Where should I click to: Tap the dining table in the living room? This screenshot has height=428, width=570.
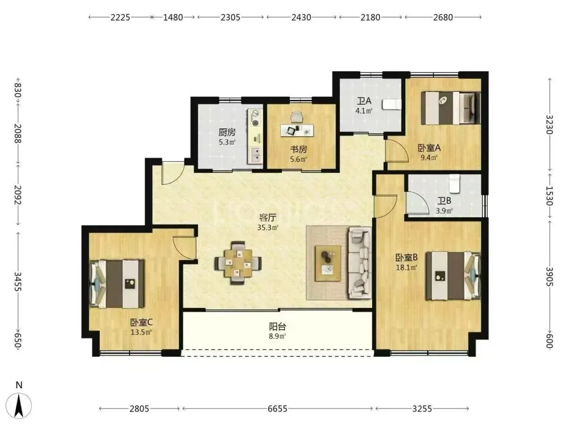pos(237,263)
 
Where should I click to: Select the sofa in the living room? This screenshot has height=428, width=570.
pos(360,263)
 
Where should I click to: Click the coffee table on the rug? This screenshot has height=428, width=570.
pos(328,263)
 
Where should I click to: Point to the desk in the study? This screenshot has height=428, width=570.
pos(297,130)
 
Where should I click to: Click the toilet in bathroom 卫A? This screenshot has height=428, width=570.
pos(392,105)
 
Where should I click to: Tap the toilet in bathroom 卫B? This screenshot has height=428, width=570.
pos(454,183)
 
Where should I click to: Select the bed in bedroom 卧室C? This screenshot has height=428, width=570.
pos(117,284)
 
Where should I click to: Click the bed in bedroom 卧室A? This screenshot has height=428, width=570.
pos(451,108)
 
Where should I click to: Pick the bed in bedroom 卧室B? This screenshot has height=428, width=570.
pos(453,275)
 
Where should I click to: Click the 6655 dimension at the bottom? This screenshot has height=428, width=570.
pos(278,408)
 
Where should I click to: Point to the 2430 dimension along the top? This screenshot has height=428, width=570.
pos(301,17)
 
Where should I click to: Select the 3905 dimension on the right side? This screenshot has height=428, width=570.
pos(549,277)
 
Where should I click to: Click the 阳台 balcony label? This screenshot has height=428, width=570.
pos(278,326)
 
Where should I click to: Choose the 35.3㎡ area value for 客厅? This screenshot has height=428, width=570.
pos(268,228)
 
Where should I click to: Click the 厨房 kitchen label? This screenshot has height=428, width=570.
pos(227,132)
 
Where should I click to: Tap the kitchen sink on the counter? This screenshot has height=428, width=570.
pos(256,155)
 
